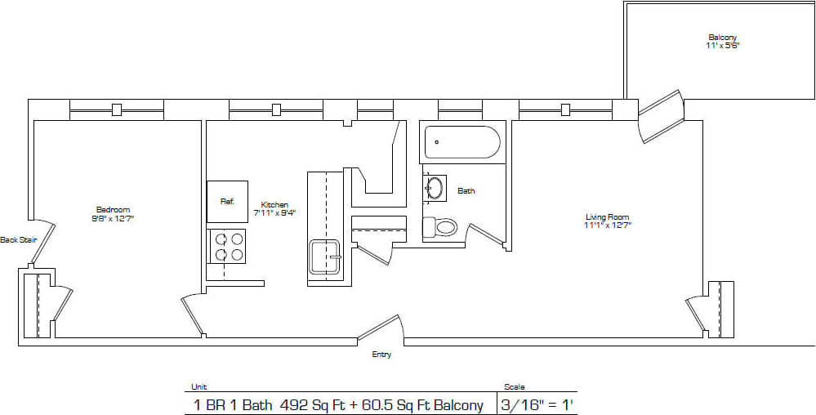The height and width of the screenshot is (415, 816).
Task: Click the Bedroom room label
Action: coord(113,209)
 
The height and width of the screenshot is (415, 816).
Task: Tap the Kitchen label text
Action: coord(274,204)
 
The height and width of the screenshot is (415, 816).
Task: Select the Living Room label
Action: coord(608,216)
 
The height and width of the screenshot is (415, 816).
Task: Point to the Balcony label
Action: coord(723,38)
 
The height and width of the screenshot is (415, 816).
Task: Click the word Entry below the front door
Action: coord(381,355)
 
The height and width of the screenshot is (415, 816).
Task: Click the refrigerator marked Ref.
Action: coord(227,201)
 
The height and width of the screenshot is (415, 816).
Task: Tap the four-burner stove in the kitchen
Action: coord(227,246)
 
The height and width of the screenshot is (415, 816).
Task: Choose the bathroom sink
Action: coord(435,188)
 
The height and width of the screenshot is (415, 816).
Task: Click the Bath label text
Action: coord(466,191)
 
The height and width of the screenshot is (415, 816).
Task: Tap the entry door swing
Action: coord(381,328)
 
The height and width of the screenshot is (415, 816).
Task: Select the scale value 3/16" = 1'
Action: coord(528,404)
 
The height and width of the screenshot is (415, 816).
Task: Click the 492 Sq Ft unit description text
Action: coord(338,404)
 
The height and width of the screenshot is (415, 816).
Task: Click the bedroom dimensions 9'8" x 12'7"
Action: coord(113,218)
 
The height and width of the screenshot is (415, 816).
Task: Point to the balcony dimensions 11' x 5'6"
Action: coord(723,47)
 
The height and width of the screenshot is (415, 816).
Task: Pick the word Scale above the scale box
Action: coord(515,386)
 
